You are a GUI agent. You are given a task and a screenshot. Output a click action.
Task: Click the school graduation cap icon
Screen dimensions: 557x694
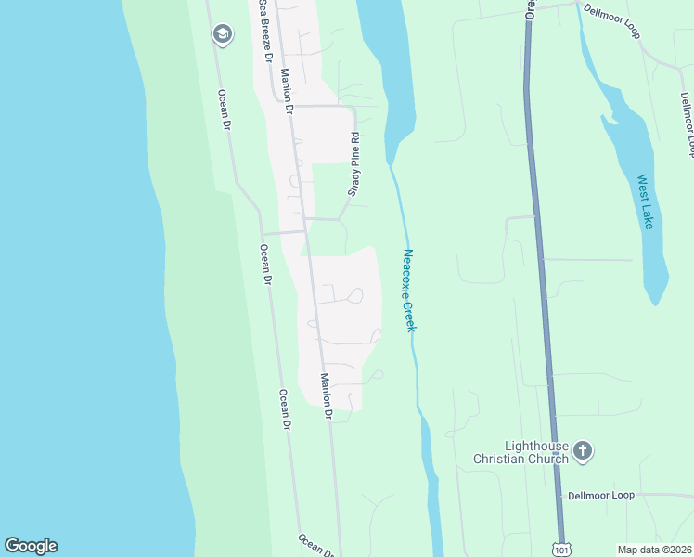tap(221, 35)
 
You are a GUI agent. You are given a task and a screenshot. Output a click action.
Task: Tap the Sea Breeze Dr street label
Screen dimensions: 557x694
tap(266, 31)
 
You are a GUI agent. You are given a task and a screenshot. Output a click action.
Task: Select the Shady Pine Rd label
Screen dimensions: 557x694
tap(353, 164)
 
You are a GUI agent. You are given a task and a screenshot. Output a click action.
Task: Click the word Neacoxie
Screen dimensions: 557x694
tap(407, 273)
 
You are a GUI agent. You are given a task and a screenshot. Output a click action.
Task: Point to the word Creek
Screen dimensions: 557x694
tap(410, 316)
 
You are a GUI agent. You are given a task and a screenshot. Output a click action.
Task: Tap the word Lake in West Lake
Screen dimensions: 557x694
tap(648, 216)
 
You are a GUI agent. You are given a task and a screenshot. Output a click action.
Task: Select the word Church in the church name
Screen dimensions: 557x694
tap(548, 459)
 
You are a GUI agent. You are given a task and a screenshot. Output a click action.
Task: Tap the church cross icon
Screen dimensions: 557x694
tap(583, 451)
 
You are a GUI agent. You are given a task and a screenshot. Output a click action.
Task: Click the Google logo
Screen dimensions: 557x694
tap(31, 546)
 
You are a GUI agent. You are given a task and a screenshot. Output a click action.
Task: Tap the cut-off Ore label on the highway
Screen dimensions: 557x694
tap(530, 8)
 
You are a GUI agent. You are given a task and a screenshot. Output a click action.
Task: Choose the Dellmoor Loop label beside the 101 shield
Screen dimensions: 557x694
tap(601, 496)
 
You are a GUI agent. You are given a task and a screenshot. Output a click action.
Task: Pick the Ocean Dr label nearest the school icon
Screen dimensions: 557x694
tap(224, 108)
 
